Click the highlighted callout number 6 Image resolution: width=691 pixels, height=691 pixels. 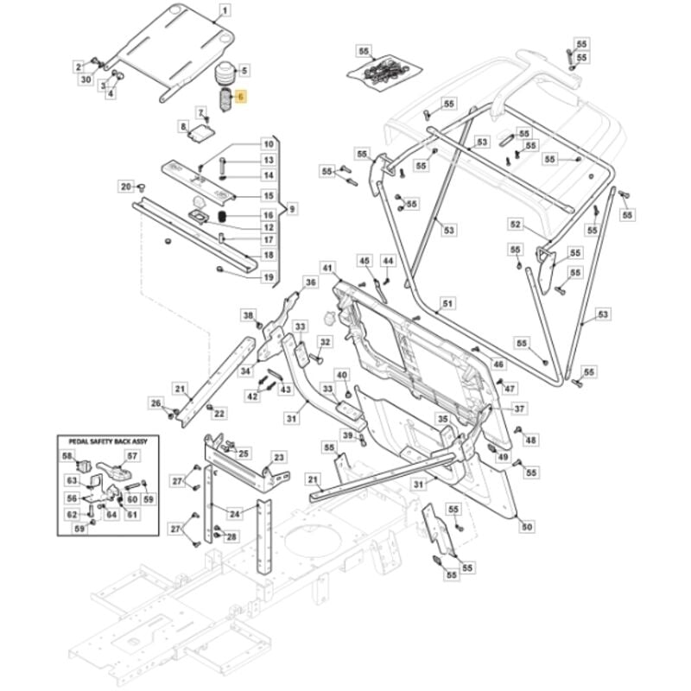pos(241,99)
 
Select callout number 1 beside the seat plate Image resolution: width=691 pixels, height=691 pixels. pos(226,11)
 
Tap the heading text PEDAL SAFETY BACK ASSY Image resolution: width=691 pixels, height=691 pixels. pos(103,441)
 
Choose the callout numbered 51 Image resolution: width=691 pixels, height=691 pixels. pos(447,304)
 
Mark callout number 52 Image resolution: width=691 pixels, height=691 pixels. pos(516,225)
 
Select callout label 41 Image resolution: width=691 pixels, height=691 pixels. pos(327,269)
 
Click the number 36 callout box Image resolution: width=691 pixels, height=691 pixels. pos(311,282)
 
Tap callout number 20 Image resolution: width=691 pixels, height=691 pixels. pos(126,187)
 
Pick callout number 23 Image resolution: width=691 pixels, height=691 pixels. pos(279,457)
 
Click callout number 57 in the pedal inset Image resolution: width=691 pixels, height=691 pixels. pos(132,456)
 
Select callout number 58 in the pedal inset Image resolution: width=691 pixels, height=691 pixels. pos(67,455)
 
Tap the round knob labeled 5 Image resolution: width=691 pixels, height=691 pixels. pos(224,73)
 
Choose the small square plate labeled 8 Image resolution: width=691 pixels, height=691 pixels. pos(202,130)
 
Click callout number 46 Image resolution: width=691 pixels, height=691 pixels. pos(498,365)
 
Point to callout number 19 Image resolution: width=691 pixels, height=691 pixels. pos(269,276)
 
